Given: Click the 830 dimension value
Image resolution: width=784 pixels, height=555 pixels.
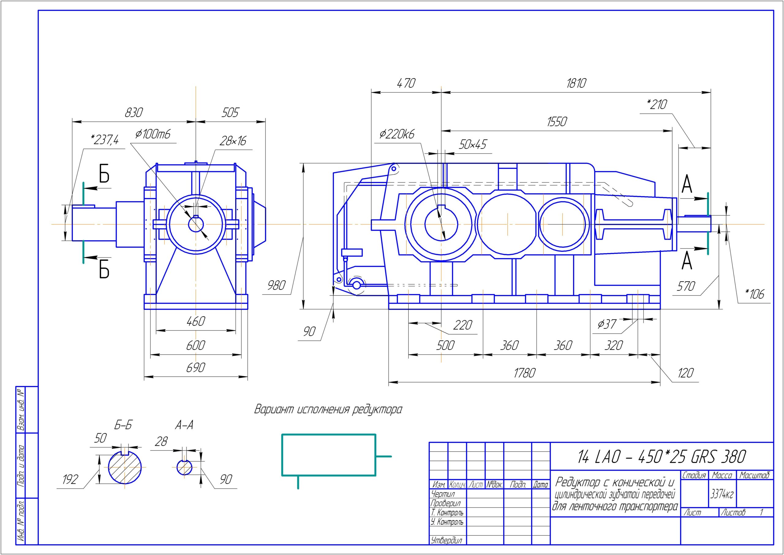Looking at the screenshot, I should tap(134, 112).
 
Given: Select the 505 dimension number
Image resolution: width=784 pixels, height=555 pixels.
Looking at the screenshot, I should tap(230, 112).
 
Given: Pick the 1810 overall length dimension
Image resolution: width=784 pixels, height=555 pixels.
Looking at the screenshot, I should tap(576, 83).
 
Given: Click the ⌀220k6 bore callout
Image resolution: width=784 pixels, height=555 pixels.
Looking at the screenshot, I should tap(397, 134).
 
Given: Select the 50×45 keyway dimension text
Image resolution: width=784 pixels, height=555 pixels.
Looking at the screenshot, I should tap(473, 145).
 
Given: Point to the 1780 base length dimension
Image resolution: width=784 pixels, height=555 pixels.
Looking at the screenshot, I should tap(524, 373).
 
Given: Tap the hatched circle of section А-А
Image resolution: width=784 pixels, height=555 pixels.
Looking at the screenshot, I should tap(184, 467).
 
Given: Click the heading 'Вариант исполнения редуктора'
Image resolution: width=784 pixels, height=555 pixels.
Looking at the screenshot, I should tap(328, 409).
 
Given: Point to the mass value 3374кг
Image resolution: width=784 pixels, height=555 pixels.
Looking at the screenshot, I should tap(722, 494).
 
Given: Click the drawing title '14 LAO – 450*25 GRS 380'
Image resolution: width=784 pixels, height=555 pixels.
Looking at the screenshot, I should tap(661, 457).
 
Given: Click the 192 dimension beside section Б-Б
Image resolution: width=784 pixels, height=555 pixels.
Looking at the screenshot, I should tap(70, 479).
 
